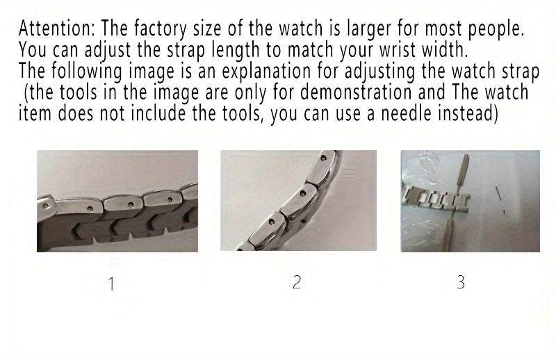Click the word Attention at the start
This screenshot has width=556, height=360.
[x=56, y=29]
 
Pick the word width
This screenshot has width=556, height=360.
[x=437, y=50]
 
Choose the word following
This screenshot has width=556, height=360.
[x=88, y=71]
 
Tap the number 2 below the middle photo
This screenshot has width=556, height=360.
[x=297, y=282]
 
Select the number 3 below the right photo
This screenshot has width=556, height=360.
[x=461, y=282]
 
